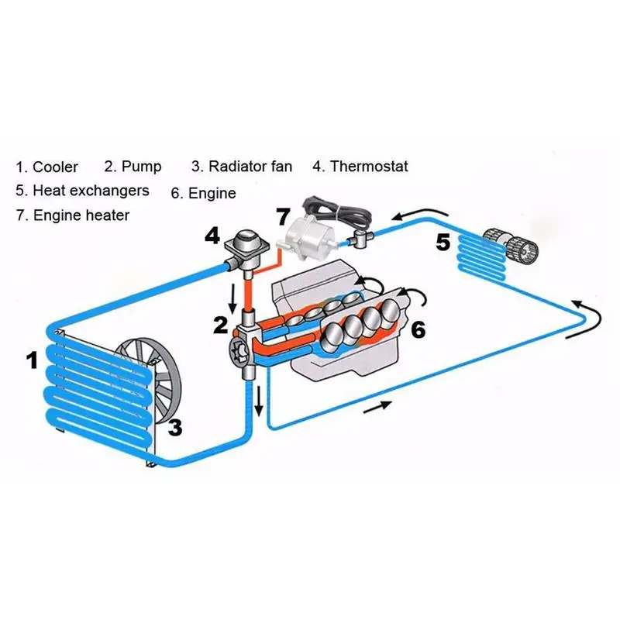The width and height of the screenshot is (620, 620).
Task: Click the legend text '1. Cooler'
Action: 47,167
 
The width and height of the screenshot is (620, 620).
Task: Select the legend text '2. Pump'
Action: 133,167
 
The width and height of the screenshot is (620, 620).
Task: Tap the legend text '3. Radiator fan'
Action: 243,167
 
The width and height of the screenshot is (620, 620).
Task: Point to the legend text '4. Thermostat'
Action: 360,166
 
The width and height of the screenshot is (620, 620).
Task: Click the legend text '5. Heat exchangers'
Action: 81,190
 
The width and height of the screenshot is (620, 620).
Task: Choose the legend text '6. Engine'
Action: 203,193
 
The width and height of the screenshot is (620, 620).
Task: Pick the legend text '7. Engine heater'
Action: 72,215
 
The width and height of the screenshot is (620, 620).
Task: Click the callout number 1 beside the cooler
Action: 32,360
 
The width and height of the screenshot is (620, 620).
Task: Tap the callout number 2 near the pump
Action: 221,323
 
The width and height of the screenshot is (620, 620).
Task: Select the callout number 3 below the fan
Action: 175,426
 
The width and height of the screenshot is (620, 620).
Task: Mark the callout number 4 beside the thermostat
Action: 212,236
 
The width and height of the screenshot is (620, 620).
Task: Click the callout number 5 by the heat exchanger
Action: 443,243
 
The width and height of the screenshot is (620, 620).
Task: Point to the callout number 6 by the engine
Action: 418,330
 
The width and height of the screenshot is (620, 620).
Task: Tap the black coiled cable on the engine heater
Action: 337,208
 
